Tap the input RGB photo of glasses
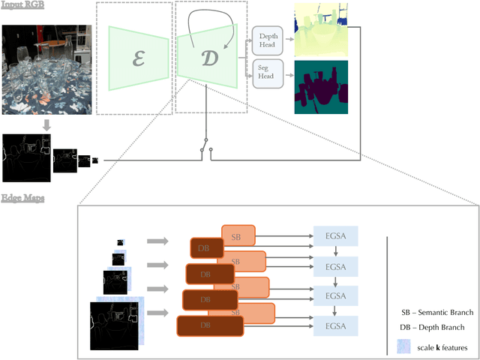tap(46, 69)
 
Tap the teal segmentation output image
tap(322, 87)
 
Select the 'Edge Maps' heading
tap(22, 198)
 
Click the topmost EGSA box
tap(336, 235)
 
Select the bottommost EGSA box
tap(336, 325)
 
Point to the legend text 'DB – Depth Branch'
tap(432, 327)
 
